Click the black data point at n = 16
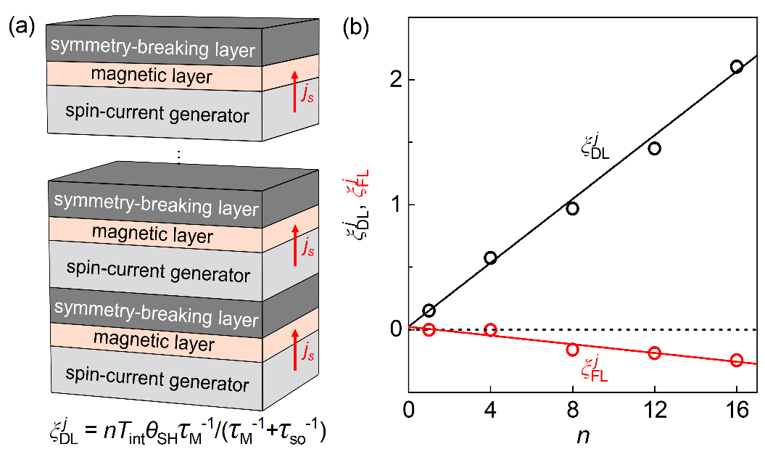pyautogui.click(x=737, y=67)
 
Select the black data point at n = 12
pyautogui.click(x=655, y=149)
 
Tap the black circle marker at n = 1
pyautogui.click(x=429, y=310)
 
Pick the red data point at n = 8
pyautogui.click(x=572, y=350)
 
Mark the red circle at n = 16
pyautogui.click(x=737, y=361)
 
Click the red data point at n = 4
pyautogui.click(x=490, y=330)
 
